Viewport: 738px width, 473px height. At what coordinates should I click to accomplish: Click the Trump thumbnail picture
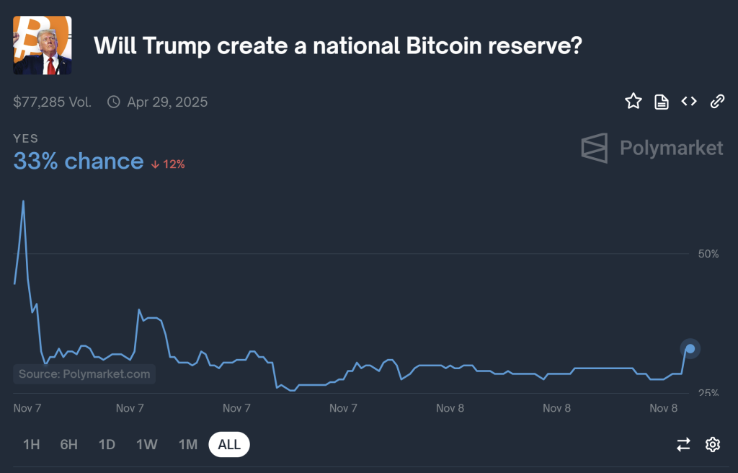tap(43, 45)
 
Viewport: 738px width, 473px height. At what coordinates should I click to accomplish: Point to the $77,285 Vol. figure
tap(52, 102)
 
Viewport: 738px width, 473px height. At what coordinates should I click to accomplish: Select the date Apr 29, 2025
tap(166, 102)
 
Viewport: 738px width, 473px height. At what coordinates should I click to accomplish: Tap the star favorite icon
tap(633, 102)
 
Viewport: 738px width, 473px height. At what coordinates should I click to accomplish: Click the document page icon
tap(661, 102)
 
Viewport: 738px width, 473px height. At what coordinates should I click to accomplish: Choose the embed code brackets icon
tap(689, 102)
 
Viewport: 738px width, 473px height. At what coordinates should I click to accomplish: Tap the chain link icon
tap(717, 102)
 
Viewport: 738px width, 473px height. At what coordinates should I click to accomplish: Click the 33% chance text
tap(78, 161)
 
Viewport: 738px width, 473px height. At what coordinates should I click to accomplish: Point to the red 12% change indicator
tap(168, 164)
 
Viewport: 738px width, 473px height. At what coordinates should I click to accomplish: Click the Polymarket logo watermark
tap(652, 148)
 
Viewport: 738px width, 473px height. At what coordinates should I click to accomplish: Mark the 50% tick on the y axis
tap(708, 254)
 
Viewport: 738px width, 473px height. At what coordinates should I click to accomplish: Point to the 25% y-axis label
tap(708, 393)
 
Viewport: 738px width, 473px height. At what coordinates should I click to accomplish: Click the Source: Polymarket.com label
tap(84, 373)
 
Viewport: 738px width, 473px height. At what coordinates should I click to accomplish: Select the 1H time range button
tap(31, 444)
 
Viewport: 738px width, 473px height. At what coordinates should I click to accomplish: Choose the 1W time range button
tap(147, 444)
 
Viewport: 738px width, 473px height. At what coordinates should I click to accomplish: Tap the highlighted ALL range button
tap(229, 444)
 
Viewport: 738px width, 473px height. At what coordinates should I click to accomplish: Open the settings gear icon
tap(713, 444)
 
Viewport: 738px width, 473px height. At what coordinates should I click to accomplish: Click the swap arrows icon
tap(683, 444)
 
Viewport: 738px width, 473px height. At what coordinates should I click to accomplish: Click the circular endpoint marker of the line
tap(690, 349)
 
